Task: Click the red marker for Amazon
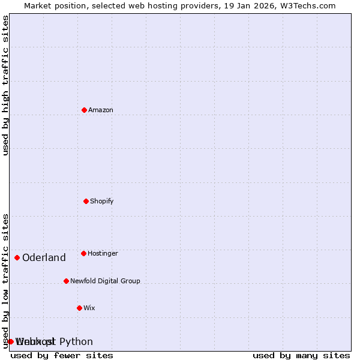click(x=84, y=110)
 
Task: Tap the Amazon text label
click(x=101, y=110)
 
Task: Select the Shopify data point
click(x=86, y=201)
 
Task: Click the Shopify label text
click(x=102, y=202)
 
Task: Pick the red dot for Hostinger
click(x=83, y=253)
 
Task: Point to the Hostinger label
click(x=103, y=254)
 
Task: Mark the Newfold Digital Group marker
click(x=66, y=281)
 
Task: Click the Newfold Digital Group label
click(x=105, y=281)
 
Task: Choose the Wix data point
click(x=79, y=308)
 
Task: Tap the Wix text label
click(x=89, y=308)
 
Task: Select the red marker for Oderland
click(x=17, y=257)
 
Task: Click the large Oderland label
click(x=44, y=258)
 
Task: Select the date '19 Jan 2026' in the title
click(x=244, y=6)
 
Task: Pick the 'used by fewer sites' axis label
click(x=62, y=356)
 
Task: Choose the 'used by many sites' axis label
click(x=301, y=356)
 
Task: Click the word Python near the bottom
click(x=76, y=342)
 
